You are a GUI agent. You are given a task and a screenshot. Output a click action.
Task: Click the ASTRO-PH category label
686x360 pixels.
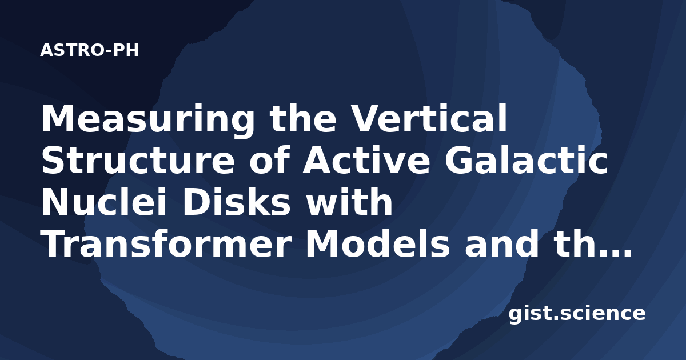(89, 50)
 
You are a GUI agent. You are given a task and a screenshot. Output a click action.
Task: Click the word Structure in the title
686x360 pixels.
(138, 160)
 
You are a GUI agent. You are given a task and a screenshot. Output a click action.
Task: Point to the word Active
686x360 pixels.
(366, 159)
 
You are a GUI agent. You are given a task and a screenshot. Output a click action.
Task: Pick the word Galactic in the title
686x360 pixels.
(527, 159)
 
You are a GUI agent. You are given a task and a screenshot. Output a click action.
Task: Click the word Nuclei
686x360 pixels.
(104, 202)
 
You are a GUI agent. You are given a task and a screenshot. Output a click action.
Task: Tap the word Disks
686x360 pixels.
(236, 202)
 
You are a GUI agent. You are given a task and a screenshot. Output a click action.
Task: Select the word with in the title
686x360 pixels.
(349, 202)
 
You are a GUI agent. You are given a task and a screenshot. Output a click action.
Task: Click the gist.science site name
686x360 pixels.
(577, 314)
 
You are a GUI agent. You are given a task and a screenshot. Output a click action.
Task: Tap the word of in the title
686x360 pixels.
(269, 159)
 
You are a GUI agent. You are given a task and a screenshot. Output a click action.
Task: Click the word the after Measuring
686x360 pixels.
(302, 118)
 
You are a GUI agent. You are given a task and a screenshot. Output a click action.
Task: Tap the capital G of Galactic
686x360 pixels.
(460, 160)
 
